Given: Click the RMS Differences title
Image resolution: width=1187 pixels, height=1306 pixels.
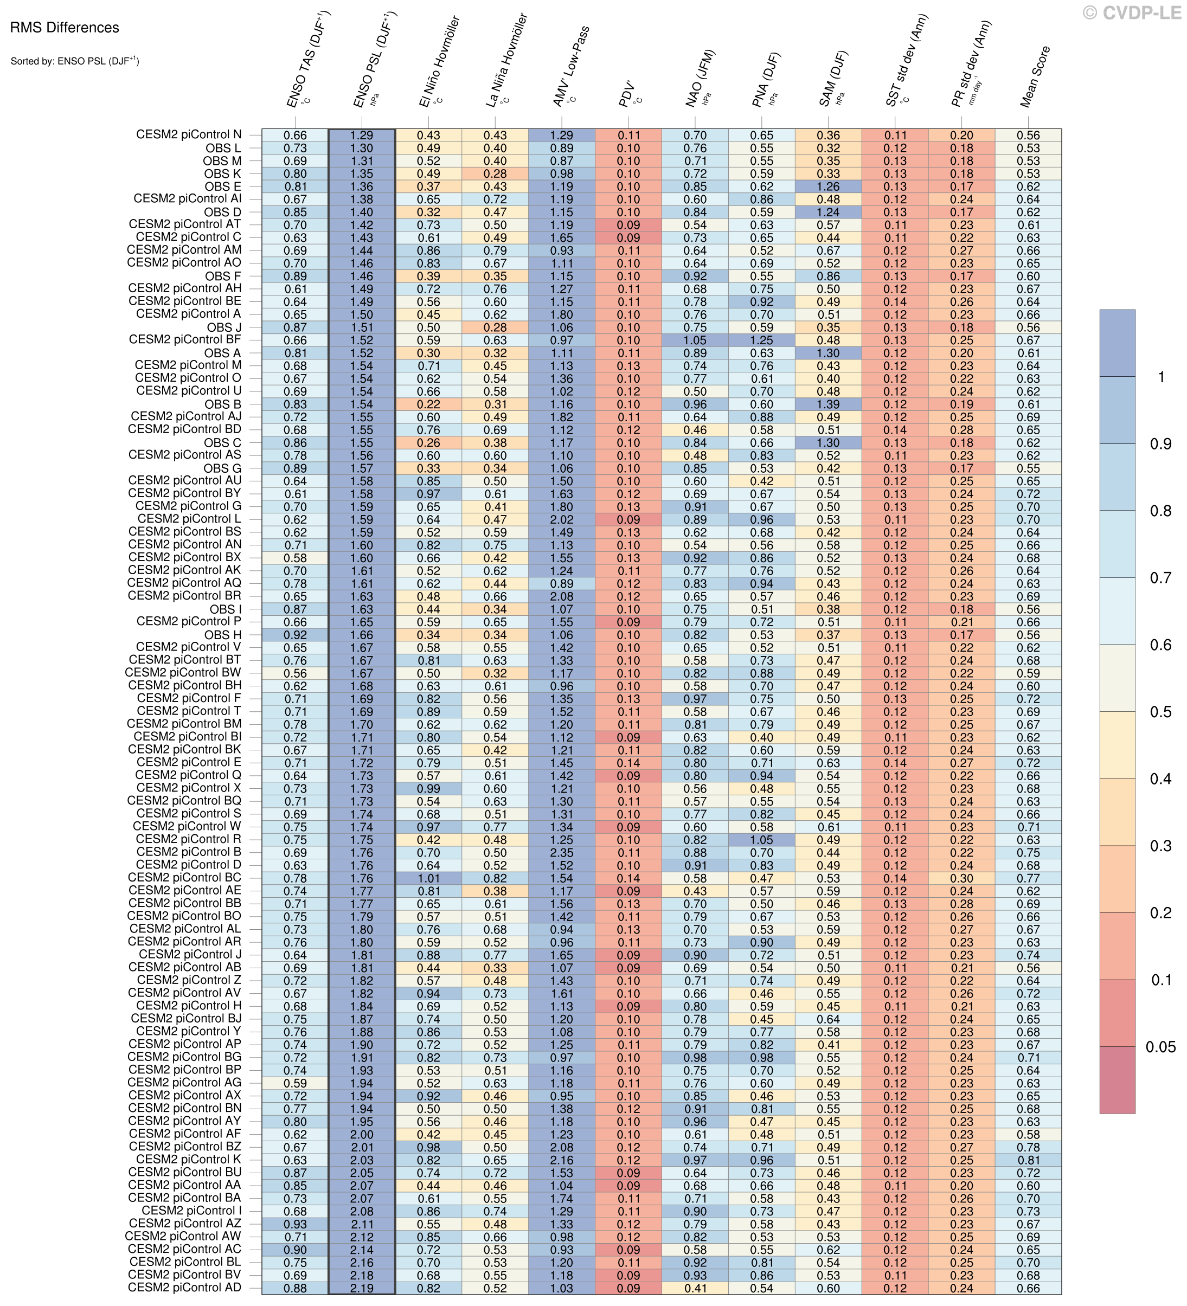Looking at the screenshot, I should point(65,28).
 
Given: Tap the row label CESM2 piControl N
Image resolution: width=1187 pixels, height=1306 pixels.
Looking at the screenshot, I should point(189,135).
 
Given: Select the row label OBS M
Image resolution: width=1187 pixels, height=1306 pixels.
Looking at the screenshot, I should point(222,160).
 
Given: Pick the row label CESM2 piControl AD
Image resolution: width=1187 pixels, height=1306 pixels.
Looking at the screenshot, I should point(185,1287).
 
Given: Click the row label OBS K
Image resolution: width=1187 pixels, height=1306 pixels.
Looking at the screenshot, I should point(222,173).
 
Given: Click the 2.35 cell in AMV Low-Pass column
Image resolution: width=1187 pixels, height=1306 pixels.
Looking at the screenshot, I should point(561,853).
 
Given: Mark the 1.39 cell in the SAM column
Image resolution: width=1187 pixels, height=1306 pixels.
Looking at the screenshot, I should point(828,404).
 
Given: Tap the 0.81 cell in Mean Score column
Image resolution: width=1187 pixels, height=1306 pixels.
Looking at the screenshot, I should point(1028,1160).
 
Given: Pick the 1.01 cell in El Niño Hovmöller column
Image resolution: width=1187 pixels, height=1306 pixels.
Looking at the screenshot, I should point(428,878).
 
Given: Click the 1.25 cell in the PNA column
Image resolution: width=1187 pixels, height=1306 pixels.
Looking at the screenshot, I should point(761,340).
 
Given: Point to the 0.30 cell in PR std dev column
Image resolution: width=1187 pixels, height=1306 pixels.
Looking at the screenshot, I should point(961,878).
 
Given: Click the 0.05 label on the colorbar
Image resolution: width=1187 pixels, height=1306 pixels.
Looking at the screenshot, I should point(1160,1047).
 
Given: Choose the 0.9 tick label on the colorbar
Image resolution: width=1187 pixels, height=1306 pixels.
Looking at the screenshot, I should point(1160,444).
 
